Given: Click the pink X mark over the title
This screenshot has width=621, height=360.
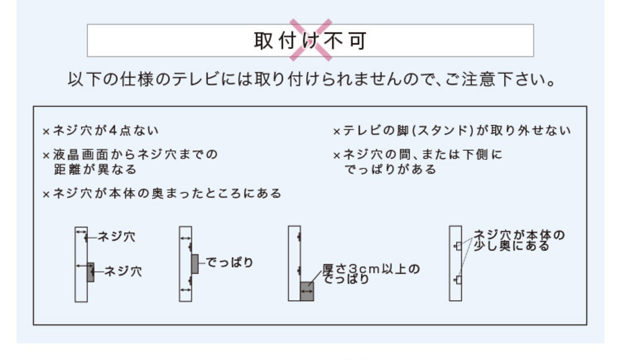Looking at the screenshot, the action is click(x=310, y=40).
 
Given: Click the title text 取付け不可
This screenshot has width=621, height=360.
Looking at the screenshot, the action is click(x=310, y=40).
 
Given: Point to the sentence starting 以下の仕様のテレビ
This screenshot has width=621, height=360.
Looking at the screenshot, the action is click(x=311, y=79).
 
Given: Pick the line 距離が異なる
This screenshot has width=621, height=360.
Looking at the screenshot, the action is click(x=95, y=169).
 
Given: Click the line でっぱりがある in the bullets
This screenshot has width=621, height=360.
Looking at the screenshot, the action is click(x=391, y=169).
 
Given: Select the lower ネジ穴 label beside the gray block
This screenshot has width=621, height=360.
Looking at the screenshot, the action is click(x=123, y=271).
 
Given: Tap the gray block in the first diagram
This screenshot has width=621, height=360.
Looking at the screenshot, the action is click(x=91, y=272).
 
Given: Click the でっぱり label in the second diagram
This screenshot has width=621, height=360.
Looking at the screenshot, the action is click(x=229, y=262).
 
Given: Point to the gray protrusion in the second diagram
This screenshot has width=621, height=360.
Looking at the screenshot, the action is click(x=195, y=264).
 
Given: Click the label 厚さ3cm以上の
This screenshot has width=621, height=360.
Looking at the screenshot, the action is click(x=371, y=268).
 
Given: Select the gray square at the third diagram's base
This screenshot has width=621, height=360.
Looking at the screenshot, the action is click(x=307, y=291).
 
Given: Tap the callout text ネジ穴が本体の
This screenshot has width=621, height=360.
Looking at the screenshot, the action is click(x=519, y=235).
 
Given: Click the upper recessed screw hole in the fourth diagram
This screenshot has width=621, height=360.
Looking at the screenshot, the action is click(x=458, y=245).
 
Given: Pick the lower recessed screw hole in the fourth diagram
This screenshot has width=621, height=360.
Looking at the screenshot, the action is click(x=458, y=280).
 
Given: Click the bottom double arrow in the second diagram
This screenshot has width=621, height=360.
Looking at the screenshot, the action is click(x=185, y=290).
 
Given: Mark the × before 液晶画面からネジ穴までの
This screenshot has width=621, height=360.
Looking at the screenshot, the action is click(x=46, y=156).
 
